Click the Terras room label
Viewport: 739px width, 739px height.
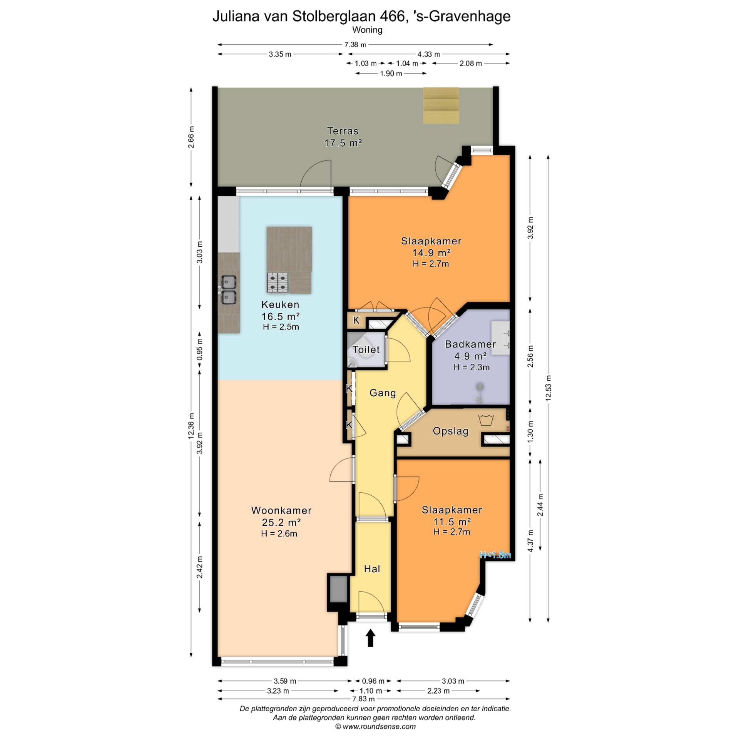343,131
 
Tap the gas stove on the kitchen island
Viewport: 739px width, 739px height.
278,283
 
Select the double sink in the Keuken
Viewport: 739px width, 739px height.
228,290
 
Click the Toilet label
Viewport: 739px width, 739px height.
366,349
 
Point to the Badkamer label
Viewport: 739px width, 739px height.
470,344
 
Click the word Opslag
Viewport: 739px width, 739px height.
450,431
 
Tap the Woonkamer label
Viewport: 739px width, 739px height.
281,510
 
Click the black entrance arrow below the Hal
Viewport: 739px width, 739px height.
370,638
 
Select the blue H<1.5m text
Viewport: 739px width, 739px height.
495,555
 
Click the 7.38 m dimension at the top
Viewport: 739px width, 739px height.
355,45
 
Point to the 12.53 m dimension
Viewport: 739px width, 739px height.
548,388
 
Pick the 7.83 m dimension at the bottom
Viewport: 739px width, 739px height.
363,699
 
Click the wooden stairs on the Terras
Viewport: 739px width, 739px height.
441,105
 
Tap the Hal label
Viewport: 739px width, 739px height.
372,569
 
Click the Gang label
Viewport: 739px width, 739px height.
383,393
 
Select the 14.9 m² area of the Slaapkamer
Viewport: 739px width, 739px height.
431,252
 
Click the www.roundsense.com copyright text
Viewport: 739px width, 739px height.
375,727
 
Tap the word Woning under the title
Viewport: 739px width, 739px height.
367,30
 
